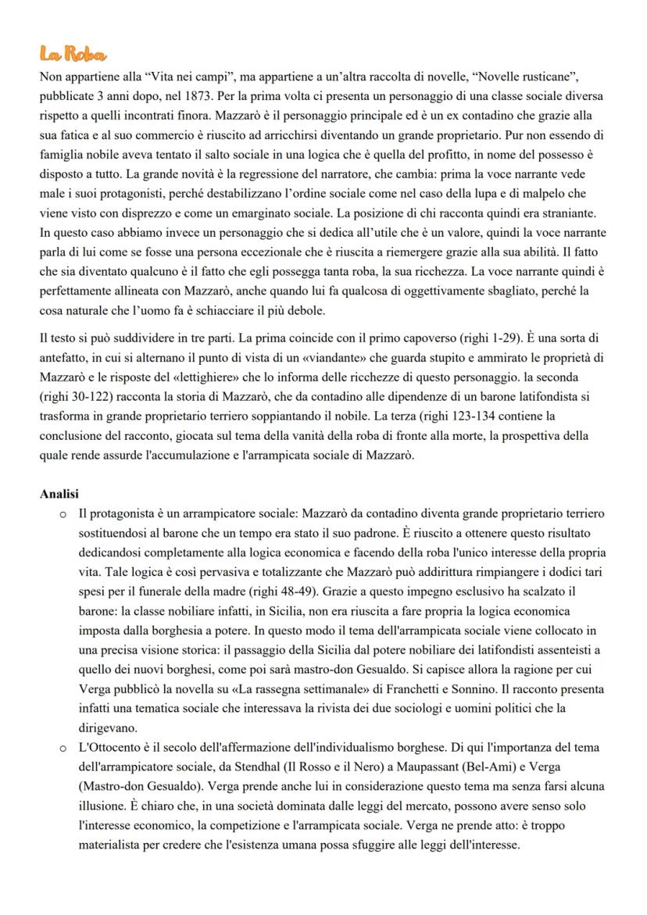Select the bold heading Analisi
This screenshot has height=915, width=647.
[59, 495]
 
